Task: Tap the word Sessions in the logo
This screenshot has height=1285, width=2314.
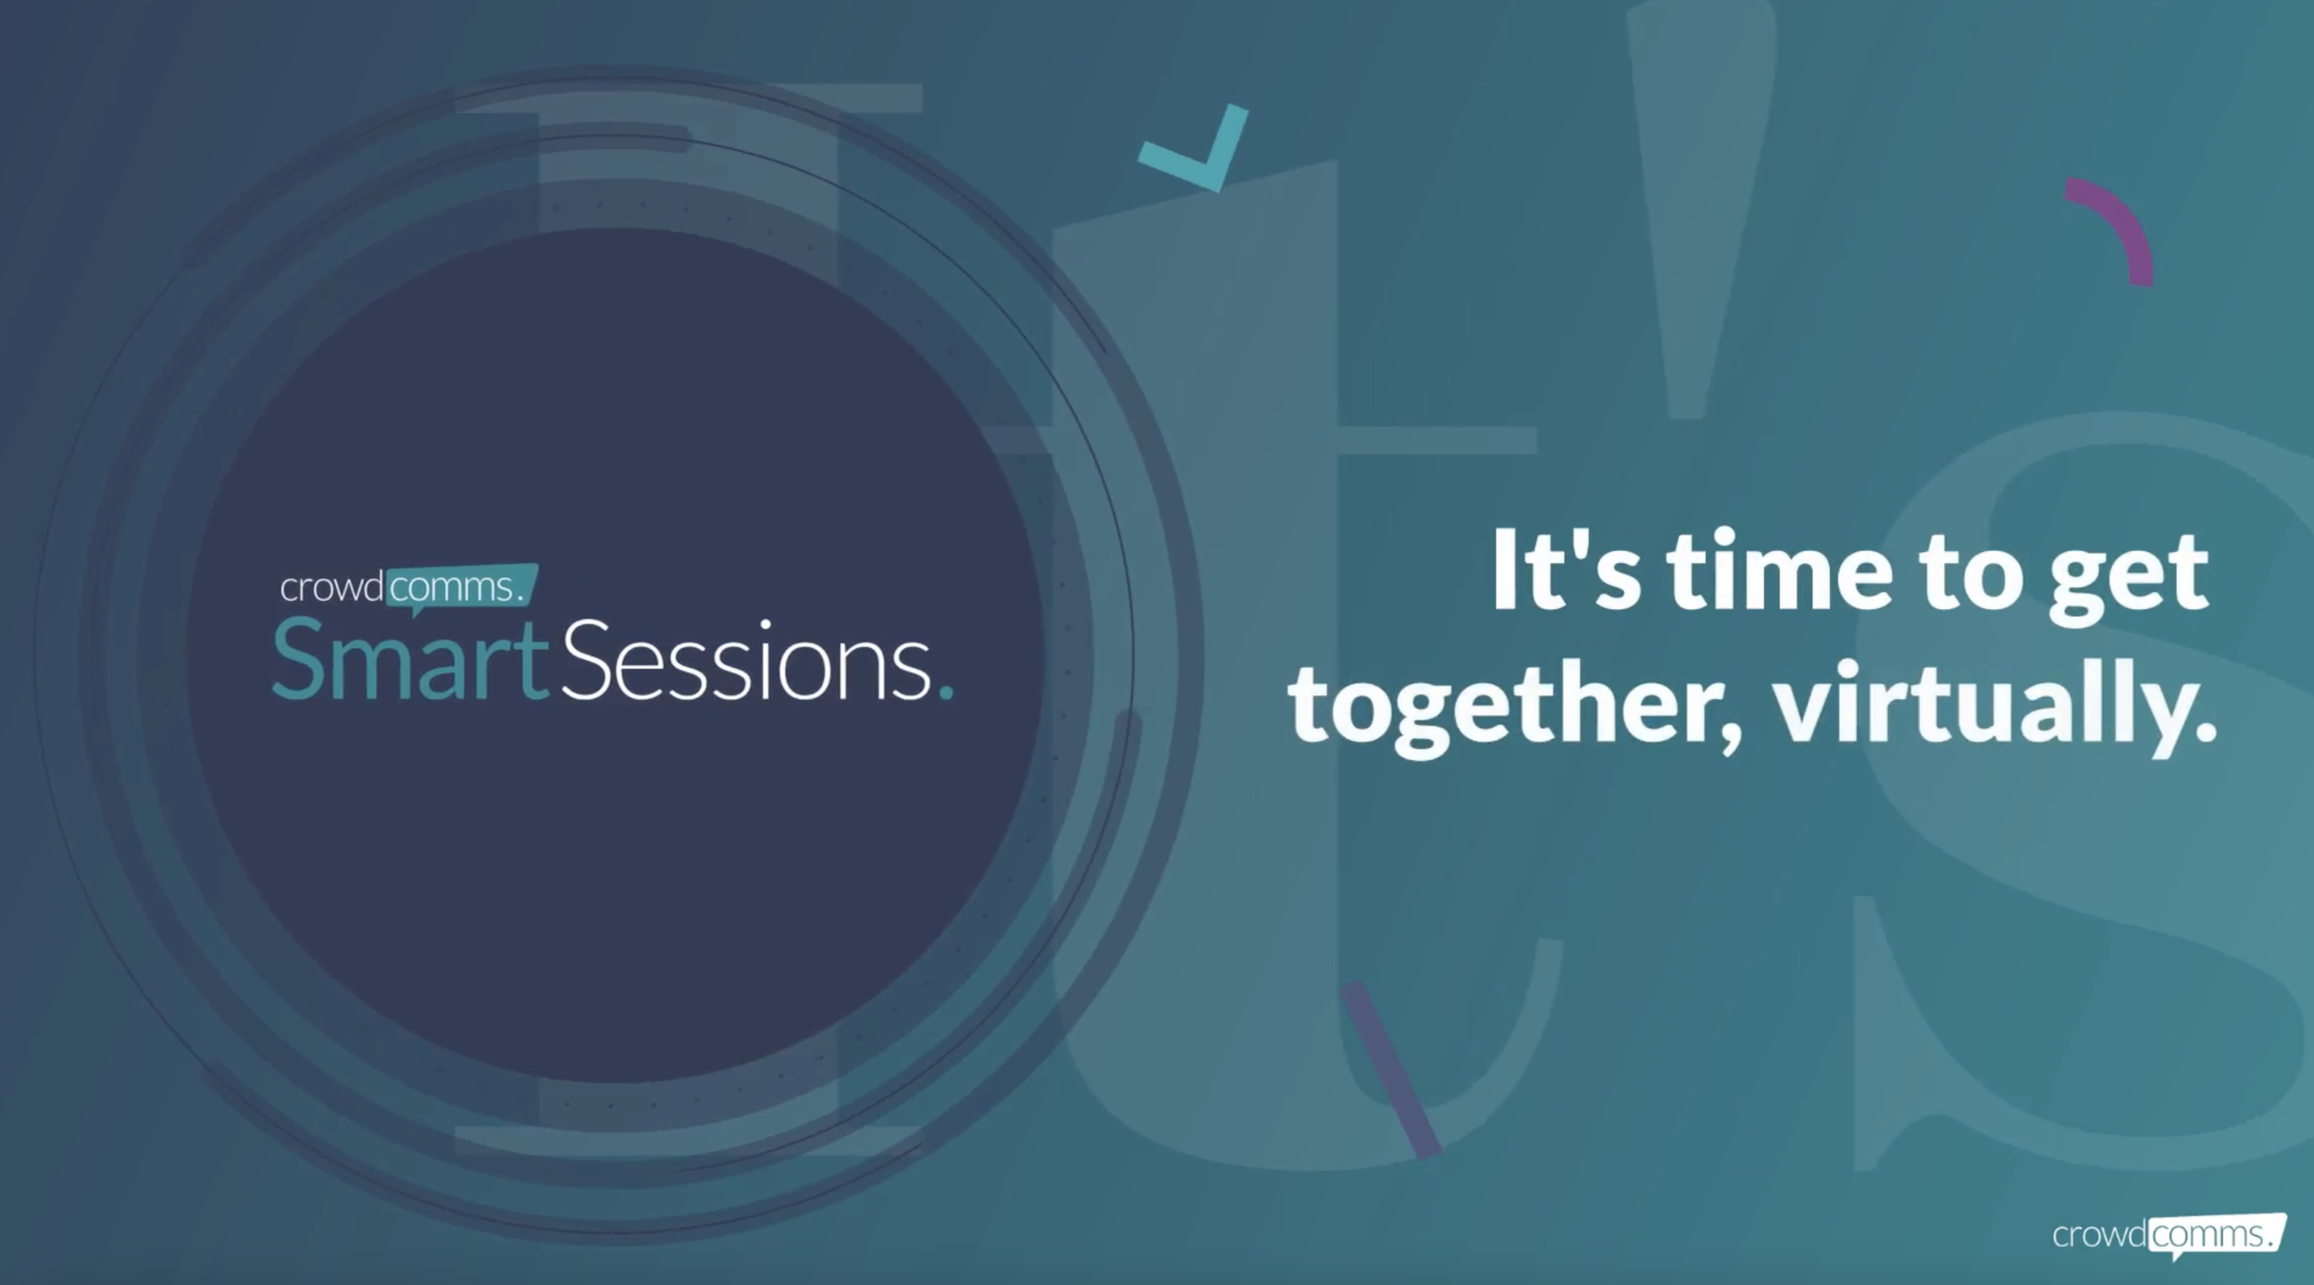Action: click(x=746, y=662)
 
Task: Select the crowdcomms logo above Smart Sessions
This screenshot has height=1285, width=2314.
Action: click(x=408, y=587)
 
